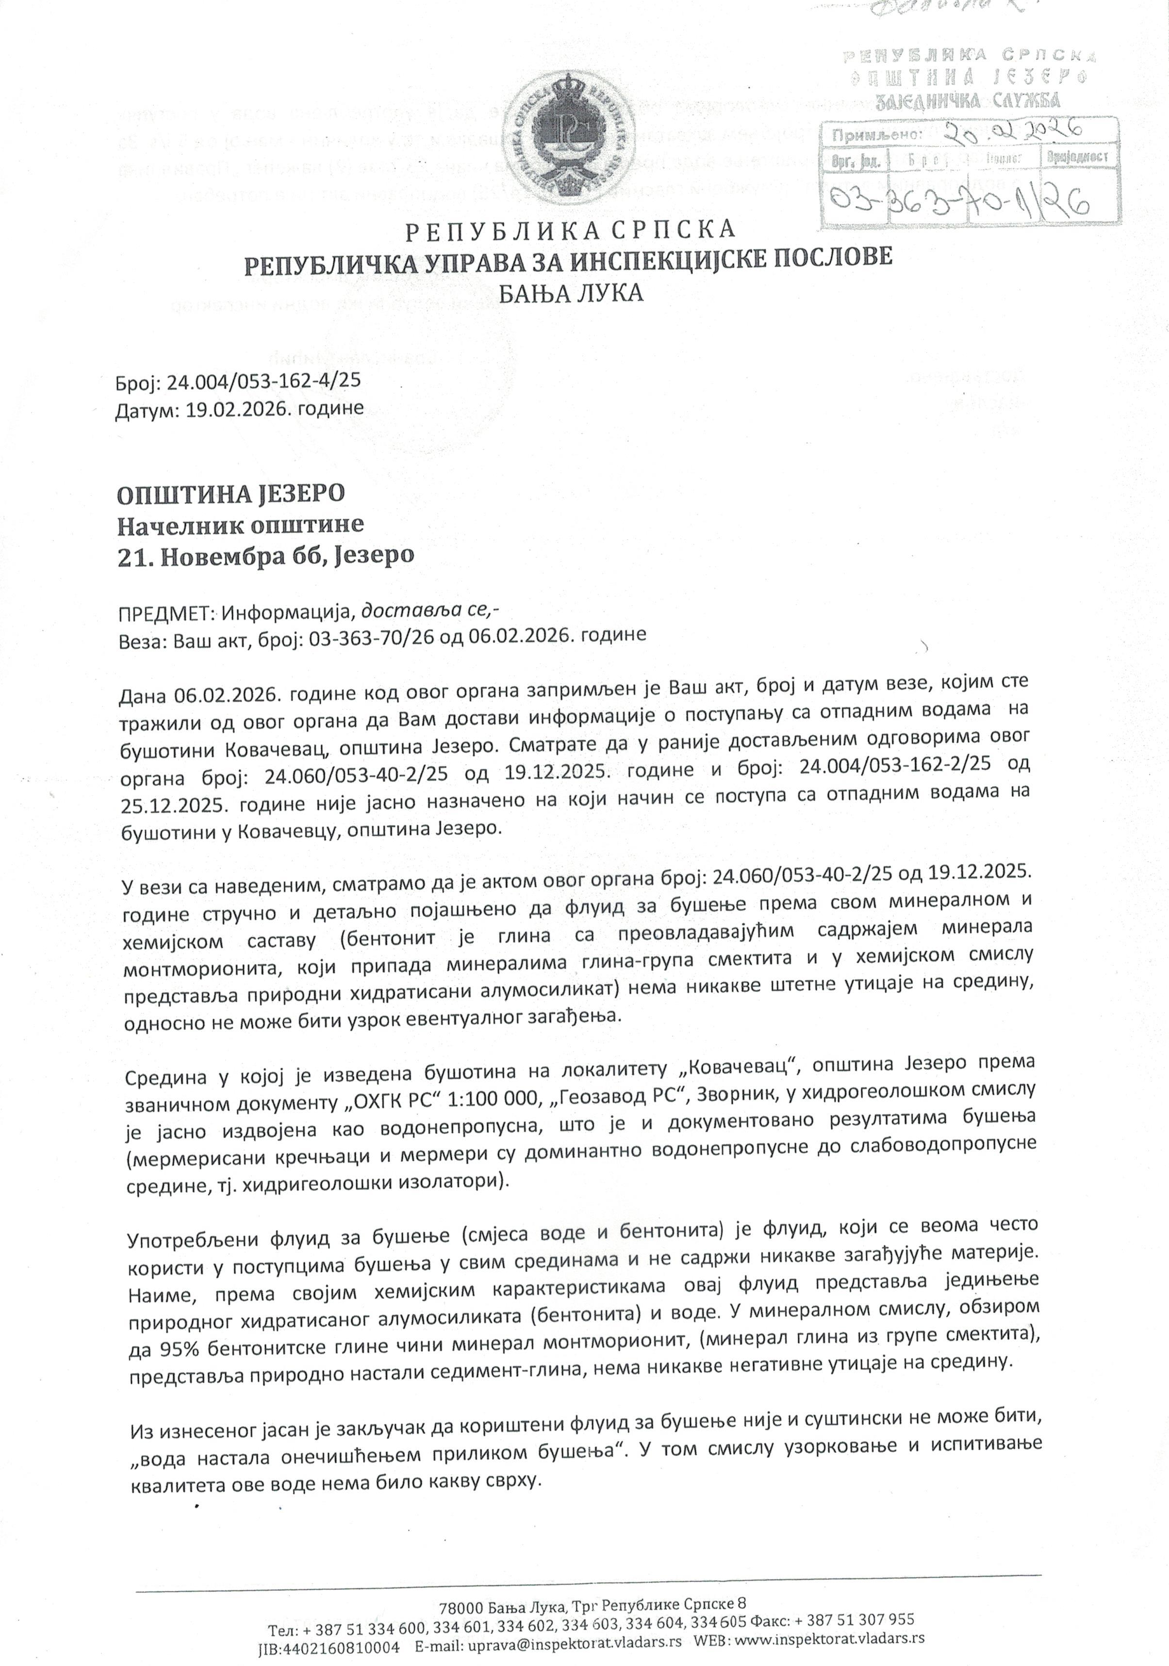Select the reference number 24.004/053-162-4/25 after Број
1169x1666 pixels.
pos(264,382)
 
